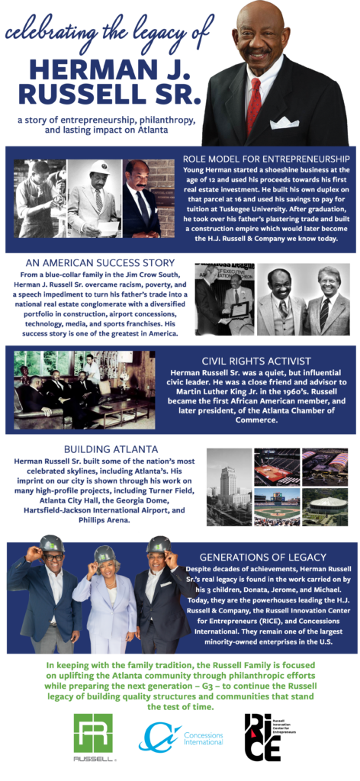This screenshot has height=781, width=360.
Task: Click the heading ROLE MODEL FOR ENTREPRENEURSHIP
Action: point(265,158)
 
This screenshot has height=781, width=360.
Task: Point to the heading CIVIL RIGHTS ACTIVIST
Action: point(256,361)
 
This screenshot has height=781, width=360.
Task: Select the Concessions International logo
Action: point(172,737)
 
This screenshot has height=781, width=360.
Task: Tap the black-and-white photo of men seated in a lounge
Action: point(84,390)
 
